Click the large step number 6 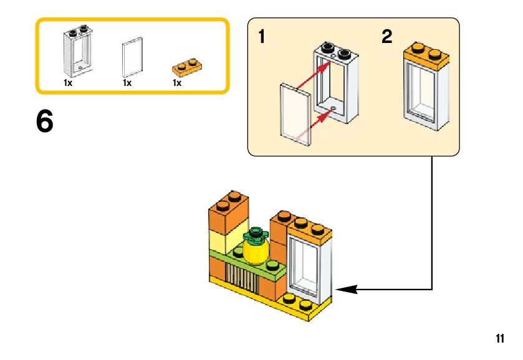45,122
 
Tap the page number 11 499,339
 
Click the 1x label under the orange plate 177,82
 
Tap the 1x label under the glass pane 127,82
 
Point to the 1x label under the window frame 68,82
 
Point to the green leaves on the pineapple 254,234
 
